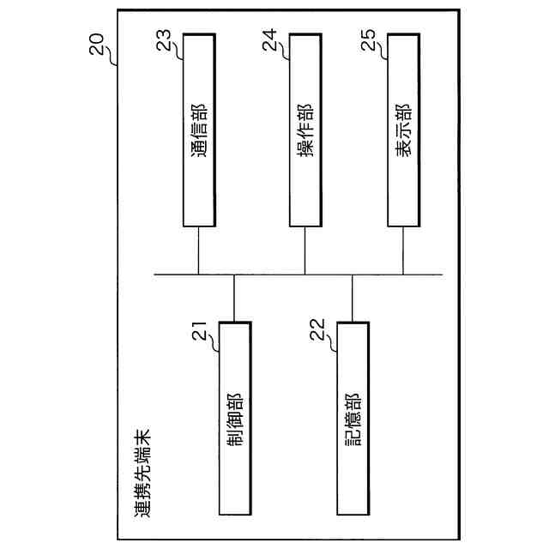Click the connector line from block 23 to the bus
(199, 250)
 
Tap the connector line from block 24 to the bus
(305, 250)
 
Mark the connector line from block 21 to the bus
(234, 298)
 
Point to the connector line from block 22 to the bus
(352, 298)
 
